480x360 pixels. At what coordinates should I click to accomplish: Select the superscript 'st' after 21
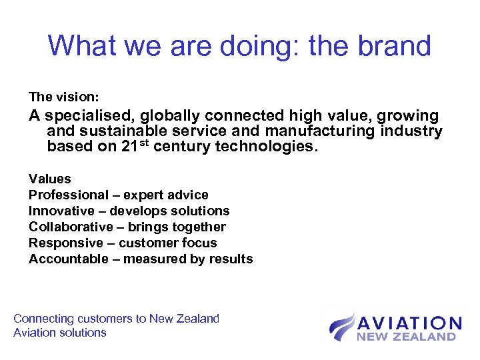point(143,143)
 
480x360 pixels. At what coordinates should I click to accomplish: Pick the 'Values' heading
point(49,179)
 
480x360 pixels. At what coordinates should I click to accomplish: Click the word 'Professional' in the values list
point(68,195)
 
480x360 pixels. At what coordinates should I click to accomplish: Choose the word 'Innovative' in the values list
point(62,211)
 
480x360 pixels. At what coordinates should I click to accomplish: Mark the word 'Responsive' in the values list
point(66,243)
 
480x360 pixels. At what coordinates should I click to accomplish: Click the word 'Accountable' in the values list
point(69,259)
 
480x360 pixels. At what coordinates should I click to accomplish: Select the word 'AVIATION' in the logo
point(409,323)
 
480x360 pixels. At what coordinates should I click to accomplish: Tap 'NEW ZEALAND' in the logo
point(406,337)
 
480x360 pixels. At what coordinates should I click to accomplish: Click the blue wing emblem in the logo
point(341,327)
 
